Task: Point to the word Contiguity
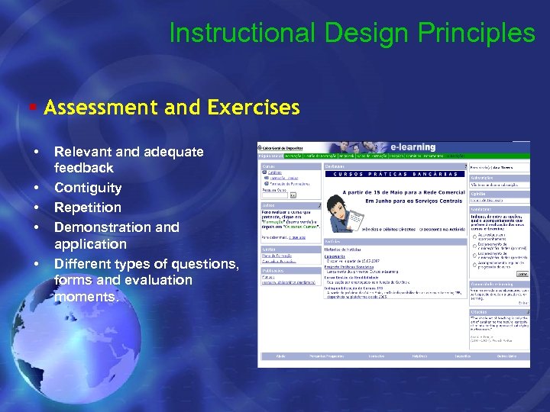click(88, 188)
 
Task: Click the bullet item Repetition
click(88, 208)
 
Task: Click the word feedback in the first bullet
click(84, 168)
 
